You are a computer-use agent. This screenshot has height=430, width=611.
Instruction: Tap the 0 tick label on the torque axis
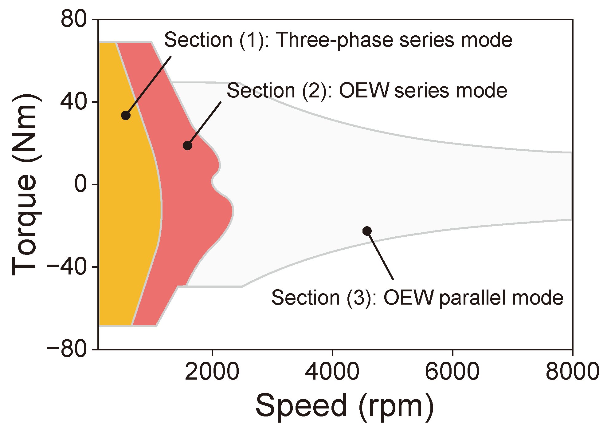tap(81, 184)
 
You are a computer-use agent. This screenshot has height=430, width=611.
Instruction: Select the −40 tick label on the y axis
tap(67, 266)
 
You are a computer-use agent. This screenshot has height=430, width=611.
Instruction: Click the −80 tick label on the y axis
tap(67, 349)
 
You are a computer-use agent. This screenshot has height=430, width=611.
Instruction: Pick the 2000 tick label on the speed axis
tap(212, 371)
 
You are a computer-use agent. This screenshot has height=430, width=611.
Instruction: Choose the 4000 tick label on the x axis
tap(332, 371)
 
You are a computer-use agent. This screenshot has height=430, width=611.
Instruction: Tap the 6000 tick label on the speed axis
tap(452, 371)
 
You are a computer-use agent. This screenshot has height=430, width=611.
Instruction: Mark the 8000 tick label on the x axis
tap(572, 371)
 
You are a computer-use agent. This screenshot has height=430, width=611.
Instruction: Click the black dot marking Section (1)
tap(126, 116)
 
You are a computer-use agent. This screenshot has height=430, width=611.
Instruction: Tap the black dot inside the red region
tap(187, 145)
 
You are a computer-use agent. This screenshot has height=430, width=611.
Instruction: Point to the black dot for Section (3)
tap(367, 231)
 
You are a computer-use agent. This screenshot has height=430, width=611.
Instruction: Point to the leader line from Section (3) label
tap(381, 256)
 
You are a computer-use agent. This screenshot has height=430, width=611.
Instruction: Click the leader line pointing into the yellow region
tap(149, 85)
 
